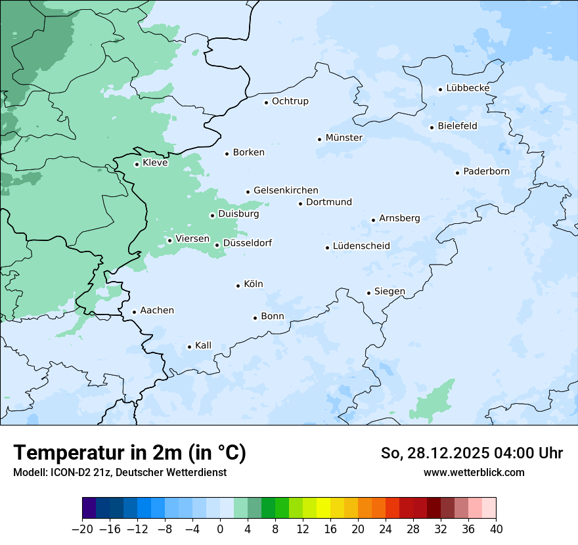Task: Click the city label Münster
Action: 344,138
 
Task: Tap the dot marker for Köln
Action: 238,286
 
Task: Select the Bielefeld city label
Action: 457,126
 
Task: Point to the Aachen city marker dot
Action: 134,313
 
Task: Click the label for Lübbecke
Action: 468,88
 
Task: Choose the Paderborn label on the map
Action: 486,171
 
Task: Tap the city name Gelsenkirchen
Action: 286,190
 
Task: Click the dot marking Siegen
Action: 368,293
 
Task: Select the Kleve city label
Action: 155,163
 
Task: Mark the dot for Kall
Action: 189,347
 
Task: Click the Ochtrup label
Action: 290,101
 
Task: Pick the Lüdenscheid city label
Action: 361,246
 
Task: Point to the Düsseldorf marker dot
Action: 217,245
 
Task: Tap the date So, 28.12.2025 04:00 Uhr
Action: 472,453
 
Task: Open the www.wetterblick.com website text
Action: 474,472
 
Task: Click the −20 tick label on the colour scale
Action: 82,529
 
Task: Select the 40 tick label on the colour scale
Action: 496,529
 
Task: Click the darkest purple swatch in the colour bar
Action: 89,508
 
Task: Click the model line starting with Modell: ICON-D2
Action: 120,472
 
